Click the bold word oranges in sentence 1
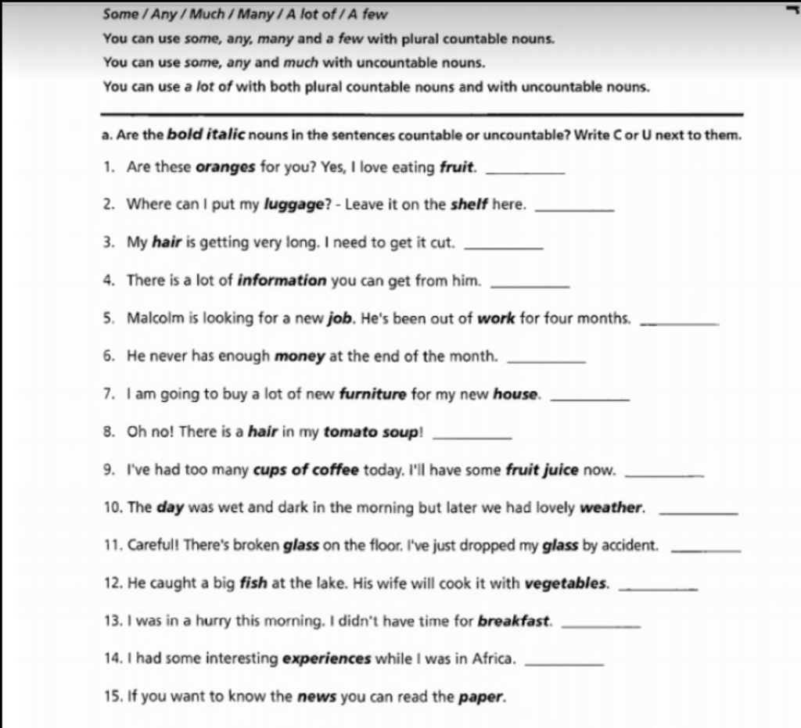[x=225, y=167]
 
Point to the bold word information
[x=282, y=280]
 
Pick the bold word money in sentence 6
[x=300, y=357]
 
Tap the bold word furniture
[x=372, y=394]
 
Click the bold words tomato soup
[x=372, y=432]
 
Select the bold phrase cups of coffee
[x=306, y=470]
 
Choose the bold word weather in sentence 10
[x=612, y=507]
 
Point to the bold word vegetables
[x=566, y=583]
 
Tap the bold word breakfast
[x=515, y=622]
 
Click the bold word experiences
[x=326, y=659]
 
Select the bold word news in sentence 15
[x=317, y=697]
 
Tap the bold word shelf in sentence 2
[x=469, y=205]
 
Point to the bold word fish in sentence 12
[x=253, y=583]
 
